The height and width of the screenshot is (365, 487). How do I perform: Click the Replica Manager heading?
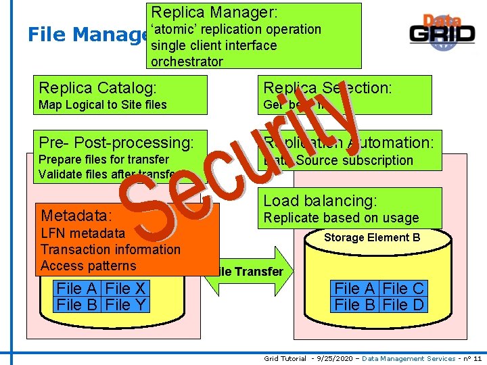pos(214,12)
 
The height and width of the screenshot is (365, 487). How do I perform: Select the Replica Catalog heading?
pos(98,88)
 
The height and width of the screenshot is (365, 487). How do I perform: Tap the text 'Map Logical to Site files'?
pos(103,105)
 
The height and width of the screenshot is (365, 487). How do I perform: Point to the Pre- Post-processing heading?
pos(116,143)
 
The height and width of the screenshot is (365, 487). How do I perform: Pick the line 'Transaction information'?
pos(110,249)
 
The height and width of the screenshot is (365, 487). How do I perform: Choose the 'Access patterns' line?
pos(88,266)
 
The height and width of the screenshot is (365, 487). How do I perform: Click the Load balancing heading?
pos(320,201)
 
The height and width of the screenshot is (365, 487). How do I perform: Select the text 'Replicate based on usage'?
pos(341,218)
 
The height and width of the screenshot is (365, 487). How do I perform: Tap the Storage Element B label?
pos(372,237)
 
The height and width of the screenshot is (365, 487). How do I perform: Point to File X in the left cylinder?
pos(126,289)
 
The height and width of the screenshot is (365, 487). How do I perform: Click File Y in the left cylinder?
pos(126,305)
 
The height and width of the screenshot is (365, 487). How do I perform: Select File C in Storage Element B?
pos(403,289)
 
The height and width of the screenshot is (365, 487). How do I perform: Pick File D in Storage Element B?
pos(403,305)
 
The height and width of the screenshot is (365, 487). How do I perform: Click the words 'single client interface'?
pos(214,45)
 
